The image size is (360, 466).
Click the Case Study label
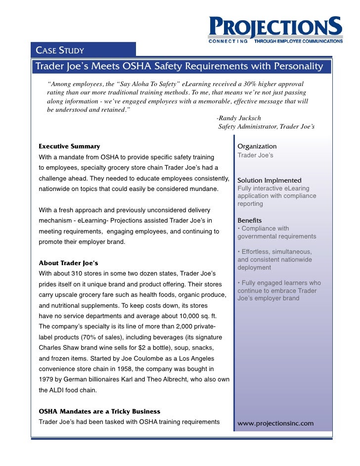point(59,50)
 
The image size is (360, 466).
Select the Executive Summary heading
point(69,146)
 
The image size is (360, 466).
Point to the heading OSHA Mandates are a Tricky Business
point(99,412)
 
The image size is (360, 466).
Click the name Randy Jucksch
point(240,118)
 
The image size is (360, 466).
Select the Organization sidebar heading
point(257,146)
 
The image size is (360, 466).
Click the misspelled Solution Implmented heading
point(270,181)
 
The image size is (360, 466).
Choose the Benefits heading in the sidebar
point(250,220)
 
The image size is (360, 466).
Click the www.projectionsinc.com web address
point(276,423)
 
